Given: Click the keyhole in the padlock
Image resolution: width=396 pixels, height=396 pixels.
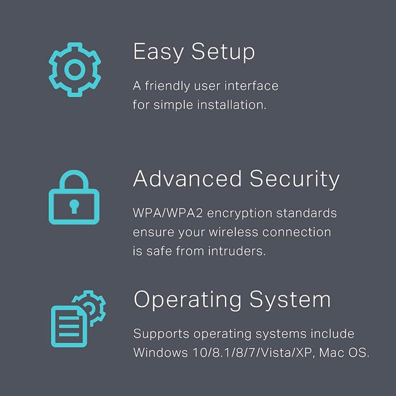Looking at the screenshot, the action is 74,206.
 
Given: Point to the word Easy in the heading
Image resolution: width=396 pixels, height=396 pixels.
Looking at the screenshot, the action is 158,52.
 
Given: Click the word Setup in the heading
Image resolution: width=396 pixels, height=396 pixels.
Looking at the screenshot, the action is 223,52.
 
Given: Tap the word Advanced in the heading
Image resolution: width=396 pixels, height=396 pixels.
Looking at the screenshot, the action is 187,179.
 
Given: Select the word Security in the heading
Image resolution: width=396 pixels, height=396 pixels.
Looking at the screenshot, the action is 294,179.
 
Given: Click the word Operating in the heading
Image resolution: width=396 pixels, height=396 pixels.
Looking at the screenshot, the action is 188,300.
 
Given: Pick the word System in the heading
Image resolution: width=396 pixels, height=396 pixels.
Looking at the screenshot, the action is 290,300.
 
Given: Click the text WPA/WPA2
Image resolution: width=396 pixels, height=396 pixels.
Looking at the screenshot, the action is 168,213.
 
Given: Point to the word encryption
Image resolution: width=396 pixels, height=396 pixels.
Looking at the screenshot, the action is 239,214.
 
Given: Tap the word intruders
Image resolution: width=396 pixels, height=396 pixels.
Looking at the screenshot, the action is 237,251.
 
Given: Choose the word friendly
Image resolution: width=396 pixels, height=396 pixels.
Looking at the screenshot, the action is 167,86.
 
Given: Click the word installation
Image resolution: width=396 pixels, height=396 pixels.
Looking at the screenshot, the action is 232,105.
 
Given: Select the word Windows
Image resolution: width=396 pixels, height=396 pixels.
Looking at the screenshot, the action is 161,353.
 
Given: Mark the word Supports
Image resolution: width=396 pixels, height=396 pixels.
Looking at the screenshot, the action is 161,334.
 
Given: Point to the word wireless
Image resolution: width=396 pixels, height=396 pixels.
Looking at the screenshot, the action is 233,232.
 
